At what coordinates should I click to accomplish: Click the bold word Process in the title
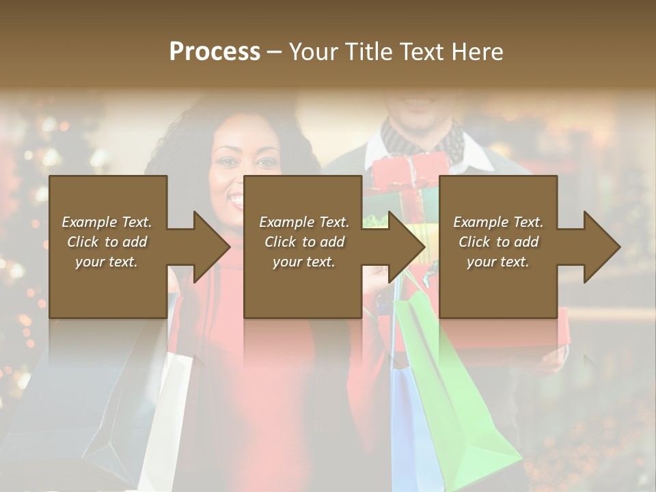[x=215, y=52]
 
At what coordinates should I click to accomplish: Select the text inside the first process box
[x=107, y=241]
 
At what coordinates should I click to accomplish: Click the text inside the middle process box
[x=304, y=241]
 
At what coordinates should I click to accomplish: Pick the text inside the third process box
[x=498, y=241]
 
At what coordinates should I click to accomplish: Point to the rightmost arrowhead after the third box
[x=601, y=247]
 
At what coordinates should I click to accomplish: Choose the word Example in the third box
[x=478, y=222]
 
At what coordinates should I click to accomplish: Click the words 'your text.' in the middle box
[x=304, y=262]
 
